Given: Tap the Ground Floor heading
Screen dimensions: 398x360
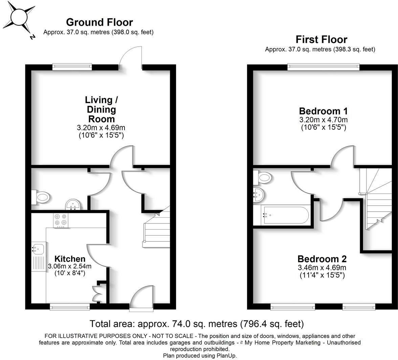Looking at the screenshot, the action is coord(99,22).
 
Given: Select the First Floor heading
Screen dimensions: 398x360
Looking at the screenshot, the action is coord(322,40).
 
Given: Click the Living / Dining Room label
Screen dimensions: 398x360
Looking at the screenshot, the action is coord(101,109).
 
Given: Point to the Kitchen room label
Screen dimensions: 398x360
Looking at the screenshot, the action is coord(70,259).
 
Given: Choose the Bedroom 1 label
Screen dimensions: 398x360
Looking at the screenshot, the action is coord(323,111).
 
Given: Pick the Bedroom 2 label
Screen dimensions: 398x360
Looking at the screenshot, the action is coord(322,259).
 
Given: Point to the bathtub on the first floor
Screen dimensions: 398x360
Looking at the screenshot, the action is coord(285,215).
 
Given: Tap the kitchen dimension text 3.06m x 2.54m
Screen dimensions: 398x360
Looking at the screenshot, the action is coord(70,266).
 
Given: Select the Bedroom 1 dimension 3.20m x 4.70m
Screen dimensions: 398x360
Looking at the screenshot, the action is coord(324,120).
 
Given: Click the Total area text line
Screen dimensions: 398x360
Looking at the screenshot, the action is coord(197,324).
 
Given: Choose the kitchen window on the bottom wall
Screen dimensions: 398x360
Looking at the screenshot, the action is coord(70,307).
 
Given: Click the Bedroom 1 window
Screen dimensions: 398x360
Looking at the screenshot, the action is coord(324,67).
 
